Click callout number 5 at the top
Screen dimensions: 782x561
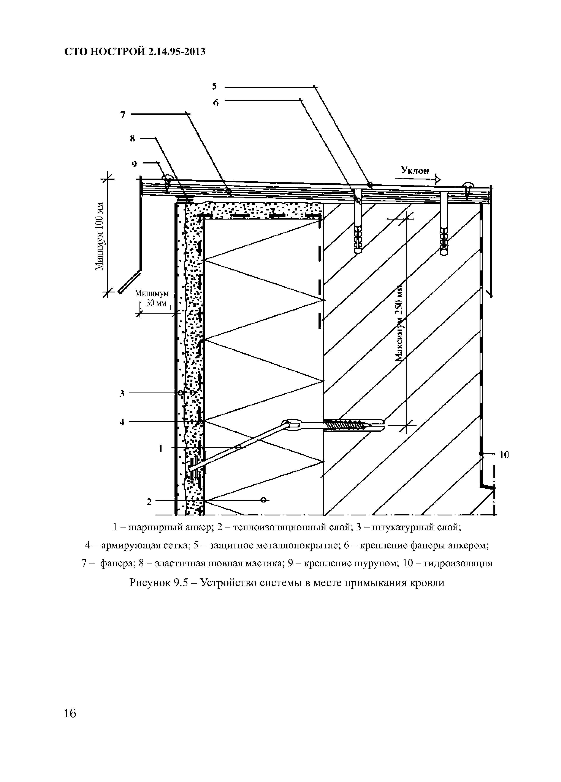214,86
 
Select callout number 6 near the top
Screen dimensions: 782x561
216,102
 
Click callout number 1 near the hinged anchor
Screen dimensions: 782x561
160,448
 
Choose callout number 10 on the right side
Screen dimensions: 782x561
504,455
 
